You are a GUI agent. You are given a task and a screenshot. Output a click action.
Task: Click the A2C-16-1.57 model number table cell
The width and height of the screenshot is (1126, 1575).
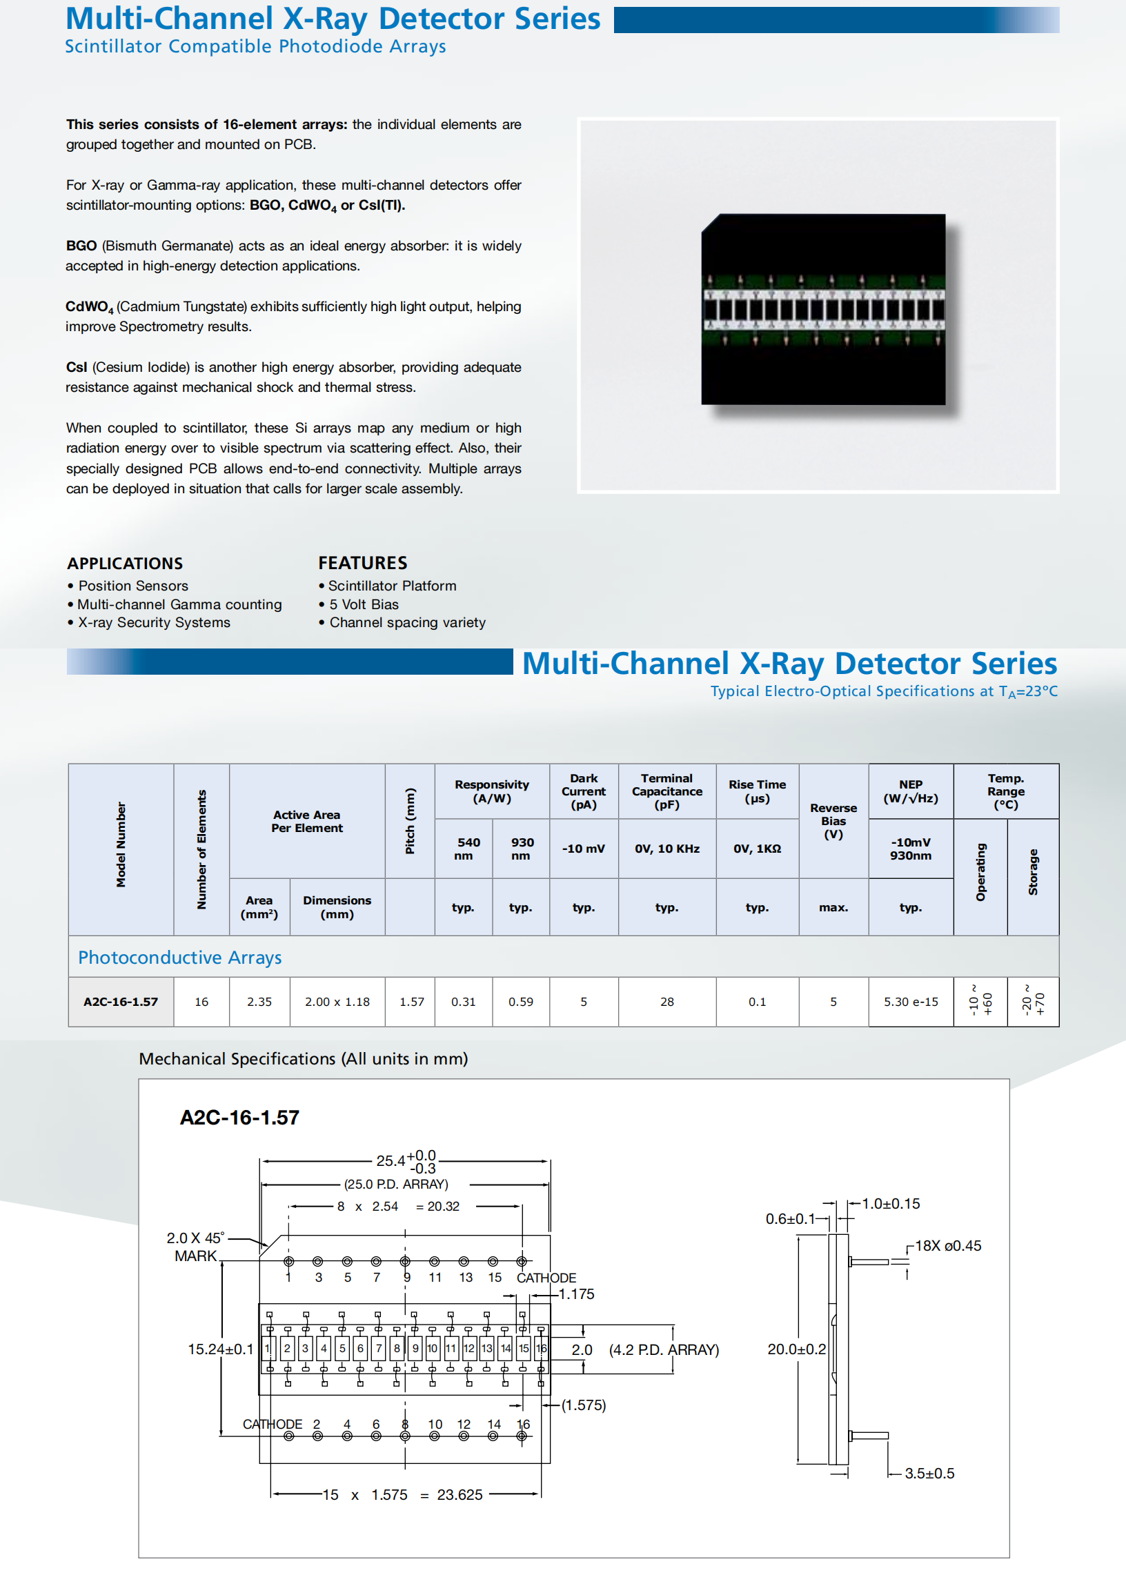[x=121, y=1002]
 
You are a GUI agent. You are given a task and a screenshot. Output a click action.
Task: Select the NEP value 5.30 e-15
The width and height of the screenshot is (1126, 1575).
[x=910, y=1002]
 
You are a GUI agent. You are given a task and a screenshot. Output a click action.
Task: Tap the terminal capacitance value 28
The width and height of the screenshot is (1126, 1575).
[x=667, y=1002]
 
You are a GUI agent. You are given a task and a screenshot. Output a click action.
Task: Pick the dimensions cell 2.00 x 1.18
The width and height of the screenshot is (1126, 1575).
[x=337, y=1002]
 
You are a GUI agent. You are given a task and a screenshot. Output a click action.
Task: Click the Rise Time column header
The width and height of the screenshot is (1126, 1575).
[x=757, y=791]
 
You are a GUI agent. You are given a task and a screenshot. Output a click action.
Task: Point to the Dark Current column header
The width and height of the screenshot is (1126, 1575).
[x=584, y=791]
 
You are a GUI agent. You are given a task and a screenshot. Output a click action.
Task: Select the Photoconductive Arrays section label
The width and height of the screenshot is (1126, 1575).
[x=179, y=958]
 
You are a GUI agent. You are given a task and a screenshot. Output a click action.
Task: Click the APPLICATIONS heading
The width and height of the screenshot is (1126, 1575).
[x=125, y=564]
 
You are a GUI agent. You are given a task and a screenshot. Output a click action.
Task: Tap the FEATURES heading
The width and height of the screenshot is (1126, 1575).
[x=363, y=563]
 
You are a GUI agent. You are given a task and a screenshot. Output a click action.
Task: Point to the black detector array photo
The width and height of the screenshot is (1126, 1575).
[x=823, y=309]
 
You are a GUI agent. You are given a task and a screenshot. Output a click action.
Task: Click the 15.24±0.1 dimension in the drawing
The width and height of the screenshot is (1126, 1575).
[x=221, y=1349]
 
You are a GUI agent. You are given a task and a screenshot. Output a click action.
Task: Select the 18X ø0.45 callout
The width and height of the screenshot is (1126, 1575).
[x=948, y=1246]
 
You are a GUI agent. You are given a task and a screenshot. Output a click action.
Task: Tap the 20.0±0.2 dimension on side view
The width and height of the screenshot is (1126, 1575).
[x=797, y=1349]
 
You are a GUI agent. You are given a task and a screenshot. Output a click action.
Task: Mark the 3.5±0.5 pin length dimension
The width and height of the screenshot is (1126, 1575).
[x=929, y=1473]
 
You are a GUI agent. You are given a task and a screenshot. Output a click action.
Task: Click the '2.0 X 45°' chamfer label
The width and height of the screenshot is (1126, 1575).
[x=195, y=1238]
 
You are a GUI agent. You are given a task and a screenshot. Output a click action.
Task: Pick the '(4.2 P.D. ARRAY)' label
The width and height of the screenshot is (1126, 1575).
[x=664, y=1349]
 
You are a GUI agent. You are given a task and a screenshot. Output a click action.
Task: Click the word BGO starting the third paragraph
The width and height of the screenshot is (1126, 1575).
[x=81, y=246]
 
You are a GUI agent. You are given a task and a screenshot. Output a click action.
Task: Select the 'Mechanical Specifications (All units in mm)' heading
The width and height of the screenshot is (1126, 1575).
[x=304, y=1058]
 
